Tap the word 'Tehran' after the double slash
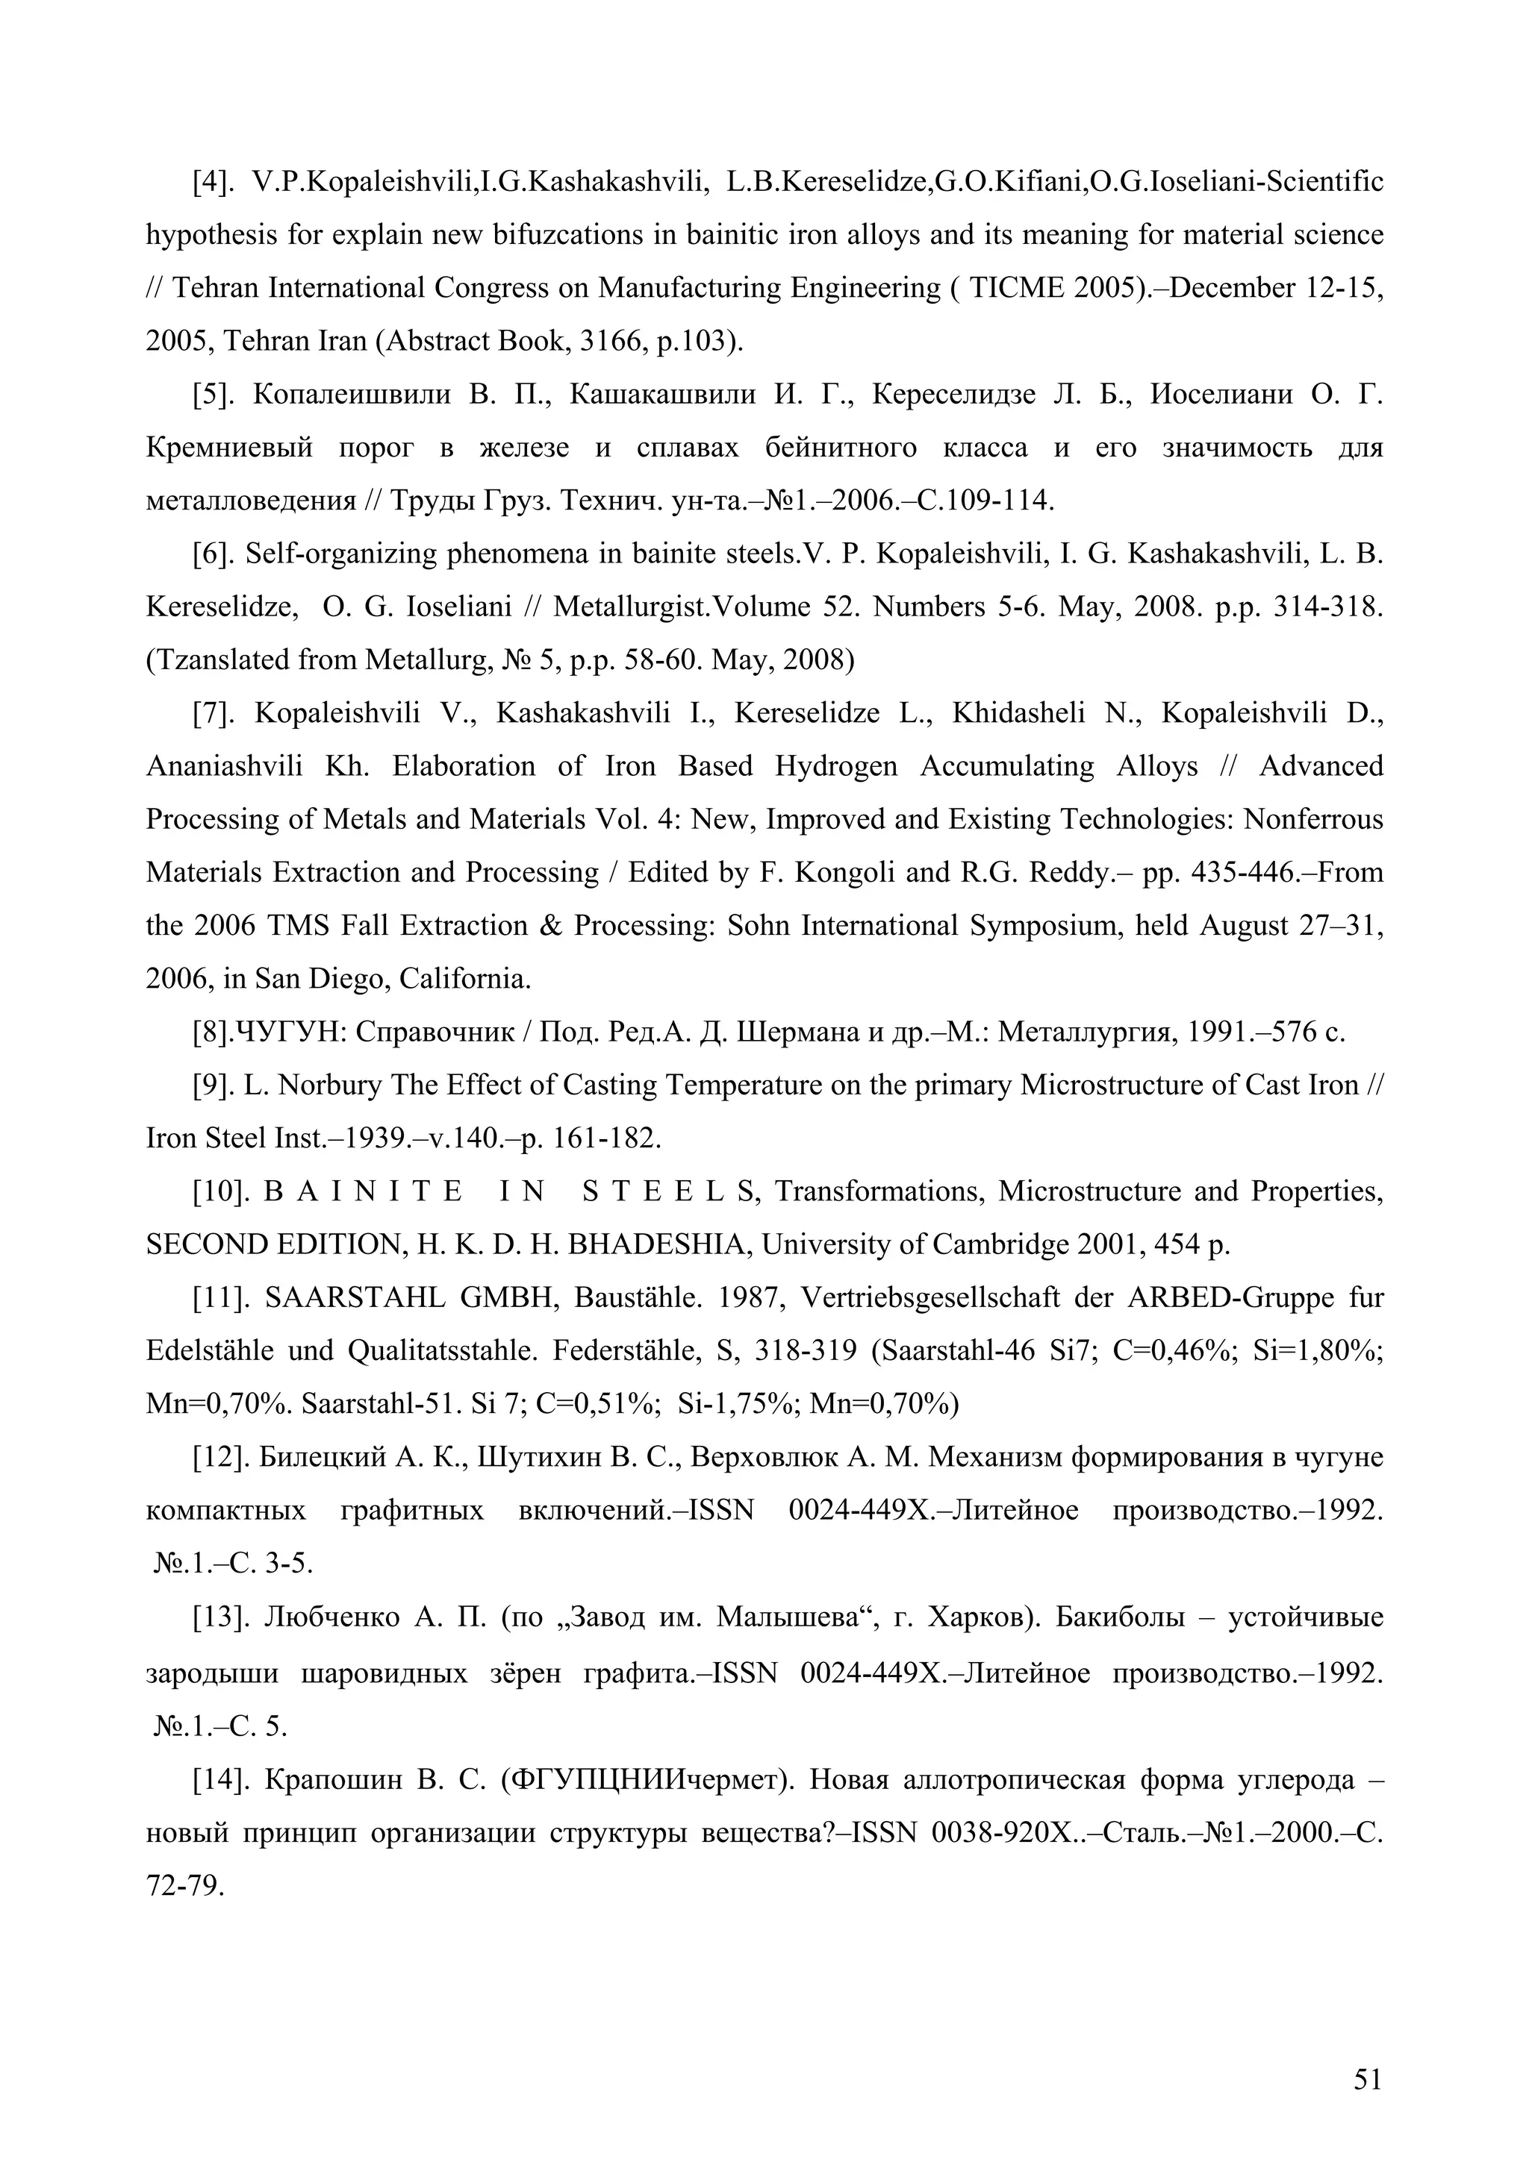point(217,287)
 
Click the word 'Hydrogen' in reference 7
point(837,766)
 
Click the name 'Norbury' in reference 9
point(330,1085)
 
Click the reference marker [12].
point(219,1458)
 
